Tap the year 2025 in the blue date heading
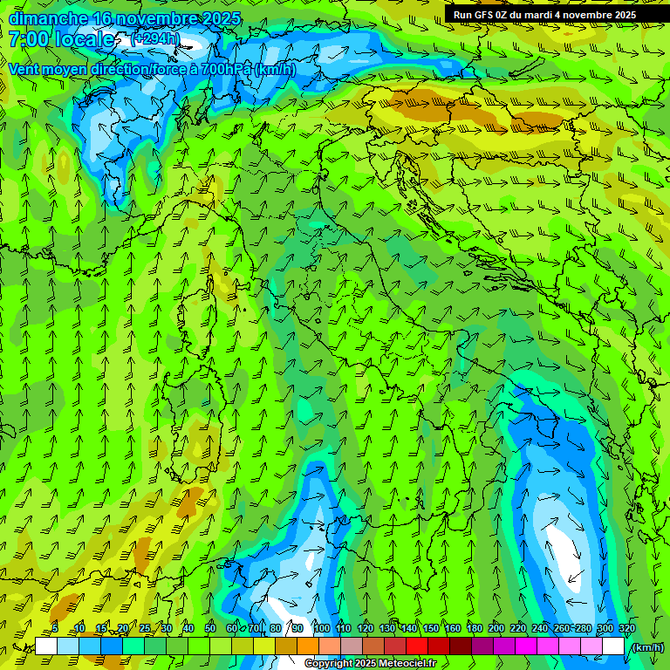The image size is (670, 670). click(209, 18)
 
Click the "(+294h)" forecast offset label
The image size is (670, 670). click(155, 38)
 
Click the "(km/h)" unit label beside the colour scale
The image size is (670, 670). click(646, 646)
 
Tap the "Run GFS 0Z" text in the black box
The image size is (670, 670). click(483, 15)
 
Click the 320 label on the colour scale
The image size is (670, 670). click(626, 628)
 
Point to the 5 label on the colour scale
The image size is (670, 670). click(55, 628)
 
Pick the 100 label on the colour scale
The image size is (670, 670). click(321, 628)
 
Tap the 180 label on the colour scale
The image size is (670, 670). click(474, 628)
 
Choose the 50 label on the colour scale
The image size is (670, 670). click(210, 628)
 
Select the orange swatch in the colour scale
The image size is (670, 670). click(308, 646)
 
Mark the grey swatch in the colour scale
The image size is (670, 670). click(352, 646)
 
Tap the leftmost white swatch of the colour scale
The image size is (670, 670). click(46, 646)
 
